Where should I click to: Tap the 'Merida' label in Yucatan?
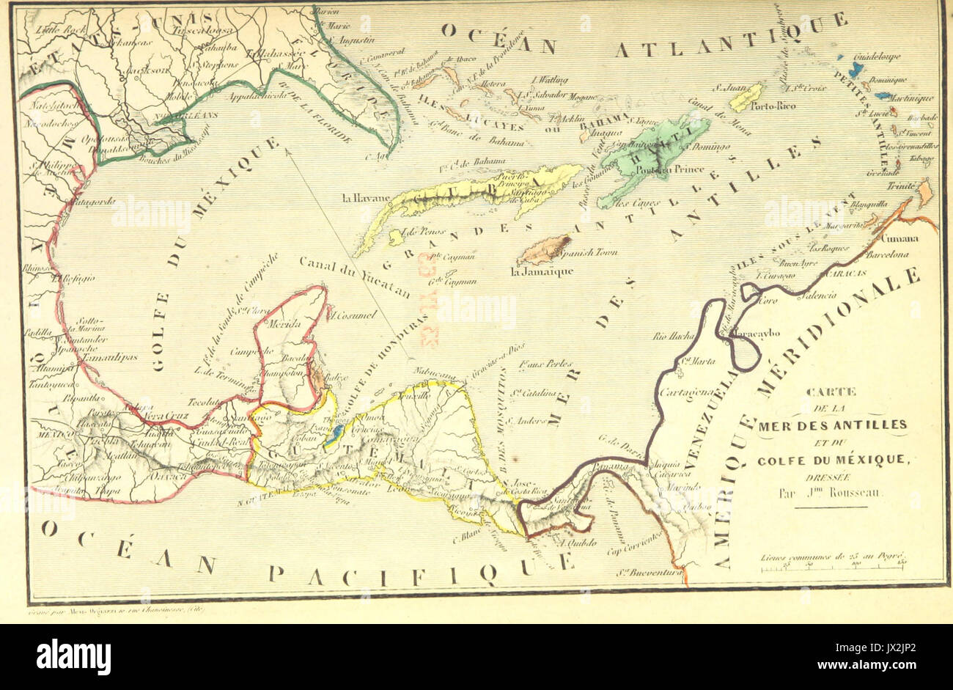pyautogui.click(x=287, y=324)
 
